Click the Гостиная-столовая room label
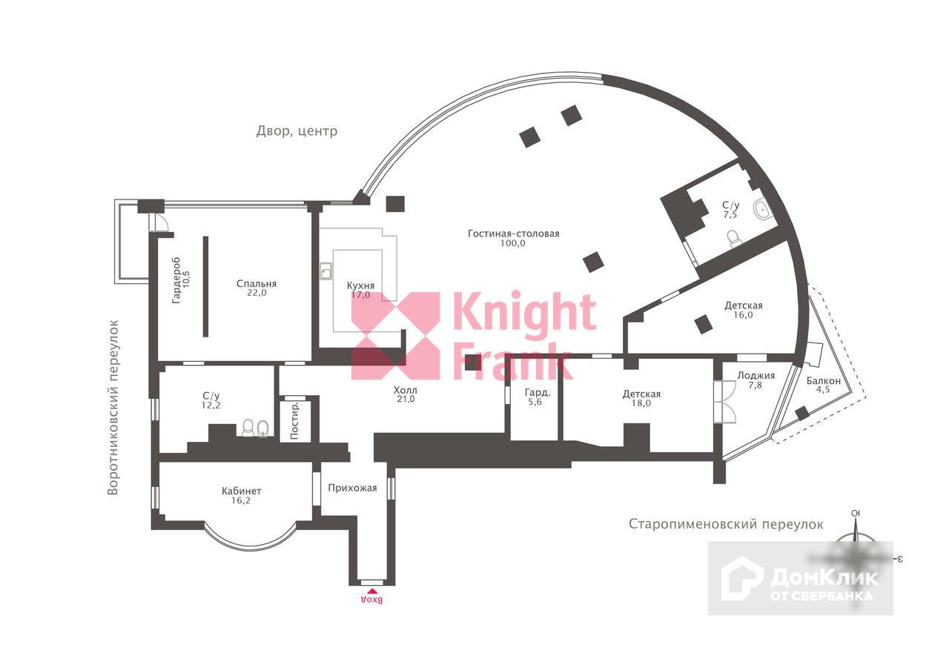[x=513, y=234]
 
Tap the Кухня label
[x=360, y=285]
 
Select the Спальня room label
[x=257, y=283]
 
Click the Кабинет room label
[x=242, y=491]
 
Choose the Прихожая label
[x=353, y=488]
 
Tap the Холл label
[x=406, y=390]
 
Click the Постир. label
[x=295, y=421]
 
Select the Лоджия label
[x=755, y=375]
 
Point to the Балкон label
[x=823, y=381]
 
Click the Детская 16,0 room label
[x=743, y=305]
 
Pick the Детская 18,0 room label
[x=641, y=394]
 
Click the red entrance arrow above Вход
[x=371, y=591]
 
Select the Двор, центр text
[x=297, y=131]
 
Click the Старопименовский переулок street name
[x=726, y=524]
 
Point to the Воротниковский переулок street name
[x=113, y=407]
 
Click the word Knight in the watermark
[x=523, y=312]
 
